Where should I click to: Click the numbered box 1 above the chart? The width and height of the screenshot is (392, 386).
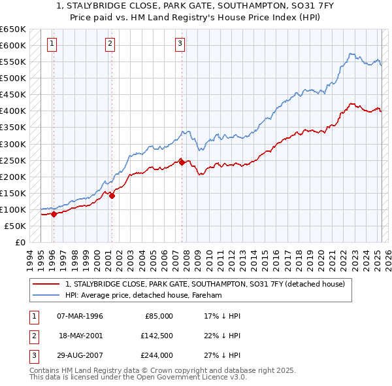(52, 44)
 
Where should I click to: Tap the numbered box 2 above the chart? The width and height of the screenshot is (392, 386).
(110, 44)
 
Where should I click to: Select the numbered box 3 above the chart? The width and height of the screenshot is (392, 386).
(180, 44)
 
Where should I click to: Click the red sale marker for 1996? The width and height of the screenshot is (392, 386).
(54, 214)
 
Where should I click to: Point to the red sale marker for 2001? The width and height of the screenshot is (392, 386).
(112, 195)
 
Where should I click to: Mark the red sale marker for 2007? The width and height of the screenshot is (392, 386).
(181, 162)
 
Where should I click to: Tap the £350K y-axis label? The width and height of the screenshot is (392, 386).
(13, 128)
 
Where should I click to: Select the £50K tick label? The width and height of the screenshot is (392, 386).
(16, 226)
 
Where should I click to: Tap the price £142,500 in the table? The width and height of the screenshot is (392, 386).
(157, 336)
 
